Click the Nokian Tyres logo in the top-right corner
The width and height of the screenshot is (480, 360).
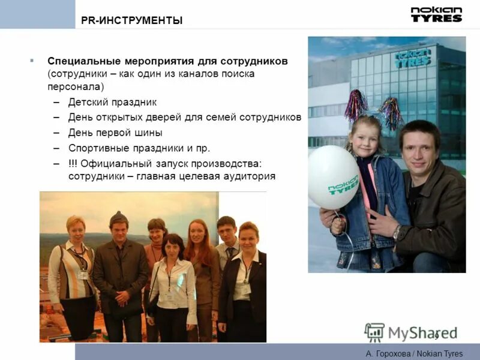pyautogui.click(x=436, y=14)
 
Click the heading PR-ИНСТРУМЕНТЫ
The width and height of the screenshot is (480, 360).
pyautogui.click(x=131, y=21)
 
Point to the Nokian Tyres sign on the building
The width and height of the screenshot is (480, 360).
pyautogui.click(x=413, y=58)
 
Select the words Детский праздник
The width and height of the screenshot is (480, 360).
pyautogui.click(x=112, y=102)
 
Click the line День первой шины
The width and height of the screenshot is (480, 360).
pyautogui.click(x=115, y=133)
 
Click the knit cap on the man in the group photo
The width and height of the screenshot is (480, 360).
pyautogui.click(x=119, y=217)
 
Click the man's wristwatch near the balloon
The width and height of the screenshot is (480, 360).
pyautogui.click(x=396, y=231)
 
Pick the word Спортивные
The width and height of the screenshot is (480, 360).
pyautogui.click(x=96, y=148)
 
